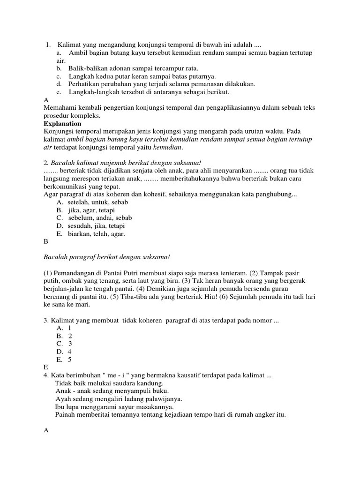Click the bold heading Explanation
tap(62, 124)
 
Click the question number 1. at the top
tap(48, 45)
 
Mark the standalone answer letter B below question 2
tap(45, 242)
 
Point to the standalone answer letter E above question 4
tap(45, 367)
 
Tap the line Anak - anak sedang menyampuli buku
tap(112, 391)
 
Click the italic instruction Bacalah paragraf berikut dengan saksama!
tap(106, 257)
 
